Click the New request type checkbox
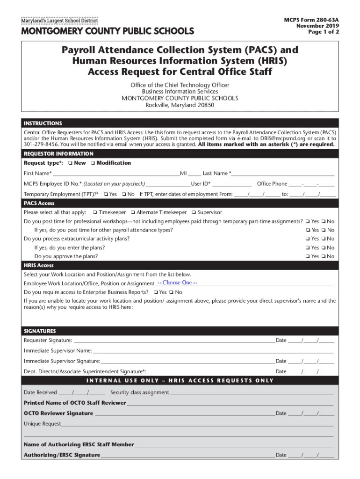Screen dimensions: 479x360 click(x=69, y=163)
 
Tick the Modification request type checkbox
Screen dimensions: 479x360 click(x=92, y=163)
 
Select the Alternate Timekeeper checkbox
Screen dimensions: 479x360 click(x=133, y=213)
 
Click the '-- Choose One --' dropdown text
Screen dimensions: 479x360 click(x=177, y=283)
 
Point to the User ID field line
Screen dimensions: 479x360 click(x=229, y=184)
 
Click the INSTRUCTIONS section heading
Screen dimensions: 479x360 click(x=43, y=123)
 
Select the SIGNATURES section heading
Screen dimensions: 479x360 click(x=40, y=331)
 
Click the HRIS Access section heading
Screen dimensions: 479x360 click(x=39, y=266)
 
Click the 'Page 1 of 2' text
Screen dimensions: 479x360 click(x=324, y=32)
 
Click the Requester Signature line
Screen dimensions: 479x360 click(x=173, y=341)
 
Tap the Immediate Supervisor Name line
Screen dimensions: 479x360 click(x=213, y=351)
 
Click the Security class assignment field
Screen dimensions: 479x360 click(x=251, y=393)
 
